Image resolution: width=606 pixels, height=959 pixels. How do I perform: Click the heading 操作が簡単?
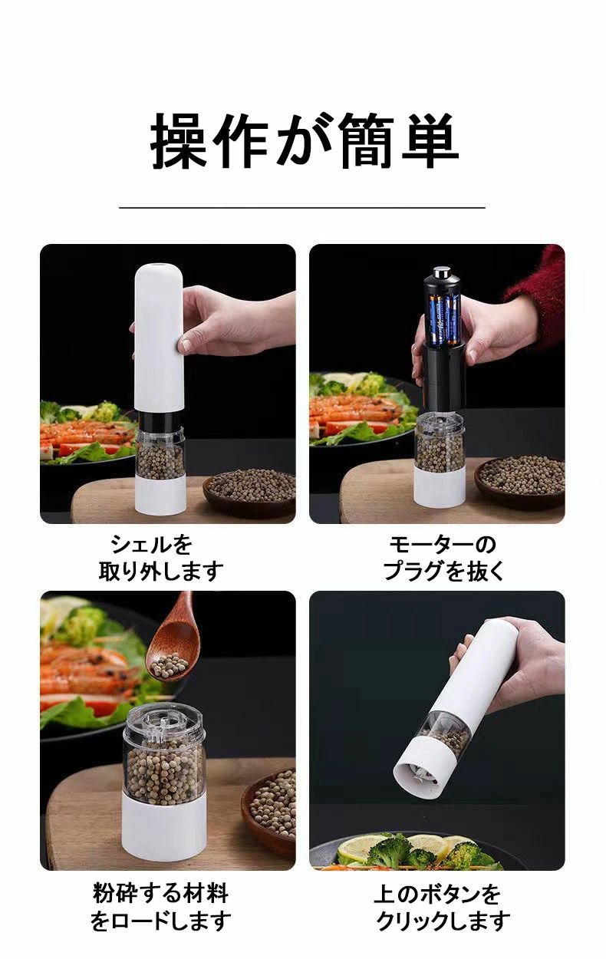[305, 141]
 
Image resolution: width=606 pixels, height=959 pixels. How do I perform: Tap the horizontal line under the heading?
[302, 208]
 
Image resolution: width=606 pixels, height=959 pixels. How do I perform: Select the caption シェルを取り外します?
[160, 558]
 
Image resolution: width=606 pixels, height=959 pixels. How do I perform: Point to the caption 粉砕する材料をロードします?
[160, 906]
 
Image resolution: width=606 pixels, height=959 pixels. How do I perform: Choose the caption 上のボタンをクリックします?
[443, 906]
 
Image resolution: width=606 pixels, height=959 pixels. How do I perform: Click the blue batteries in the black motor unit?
[445, 319]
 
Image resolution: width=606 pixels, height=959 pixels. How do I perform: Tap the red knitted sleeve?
[537, 278]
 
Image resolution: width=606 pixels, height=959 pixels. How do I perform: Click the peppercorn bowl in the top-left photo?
[250, 491]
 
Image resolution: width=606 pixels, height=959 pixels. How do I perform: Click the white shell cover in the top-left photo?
[160, 338]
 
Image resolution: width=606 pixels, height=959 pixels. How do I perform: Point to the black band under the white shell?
[160, 422]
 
